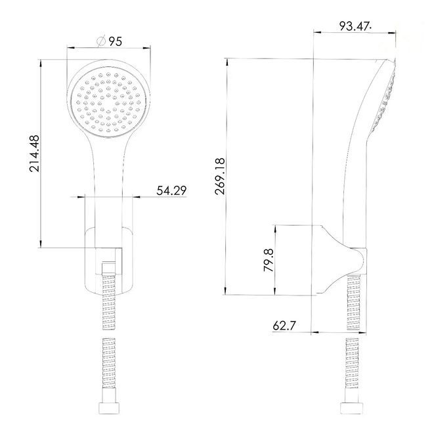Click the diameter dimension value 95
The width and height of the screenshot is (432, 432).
pyautogui.click(x=115, y=41)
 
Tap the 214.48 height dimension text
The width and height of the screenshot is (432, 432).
pyautogui.click(x=34, y=154)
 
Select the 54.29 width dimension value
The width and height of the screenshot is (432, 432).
pyautogui.click(x=171, y=190)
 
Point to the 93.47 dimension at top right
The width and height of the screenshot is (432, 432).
pyautogui.click(x=354, y=26)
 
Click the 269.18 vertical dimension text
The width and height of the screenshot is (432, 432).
pyautogui.click(x=220, y=177)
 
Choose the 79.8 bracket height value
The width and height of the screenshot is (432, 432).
pyautogui.click(x=269, y=260)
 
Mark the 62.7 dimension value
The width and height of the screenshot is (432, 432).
pyautogui.click(x=284, y=326)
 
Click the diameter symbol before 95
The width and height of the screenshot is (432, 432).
pyautogui.click(x=101, y=41)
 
